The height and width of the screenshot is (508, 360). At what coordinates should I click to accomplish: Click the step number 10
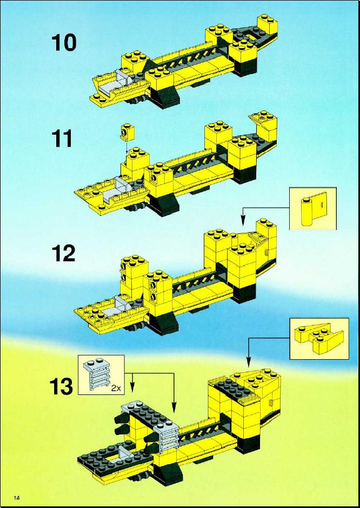[64, 43]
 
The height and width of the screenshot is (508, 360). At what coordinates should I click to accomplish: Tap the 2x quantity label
[116, 388]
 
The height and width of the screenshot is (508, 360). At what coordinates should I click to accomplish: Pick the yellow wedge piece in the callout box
[318, 338]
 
